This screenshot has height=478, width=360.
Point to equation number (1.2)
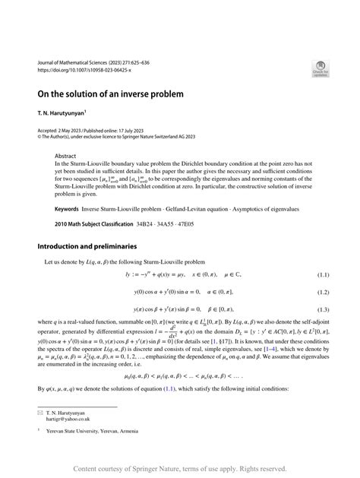tap(322, 292)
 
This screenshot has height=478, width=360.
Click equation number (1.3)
tap(322, 310)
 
